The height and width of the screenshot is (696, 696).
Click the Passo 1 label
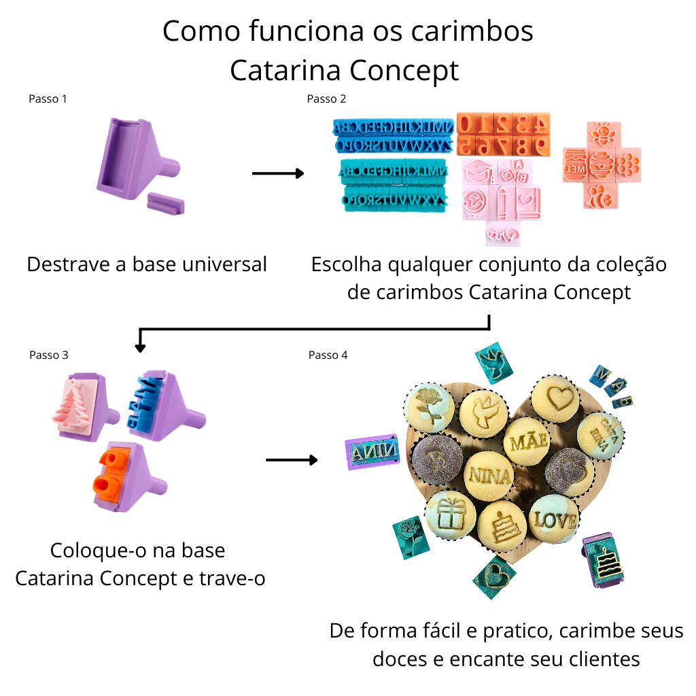click(48, 99)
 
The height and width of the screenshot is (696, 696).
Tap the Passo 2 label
click(326, 99)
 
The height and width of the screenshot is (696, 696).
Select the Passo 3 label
click(49, 355)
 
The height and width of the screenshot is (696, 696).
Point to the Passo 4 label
click(328, 355)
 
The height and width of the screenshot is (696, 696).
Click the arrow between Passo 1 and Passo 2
click(277, 174)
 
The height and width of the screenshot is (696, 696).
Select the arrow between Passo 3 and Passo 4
click(292, 460)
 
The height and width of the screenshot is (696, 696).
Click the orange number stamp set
click(502, 134)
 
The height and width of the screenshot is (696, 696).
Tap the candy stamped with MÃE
click(527, 440)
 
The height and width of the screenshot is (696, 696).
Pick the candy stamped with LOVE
click(553, 520)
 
